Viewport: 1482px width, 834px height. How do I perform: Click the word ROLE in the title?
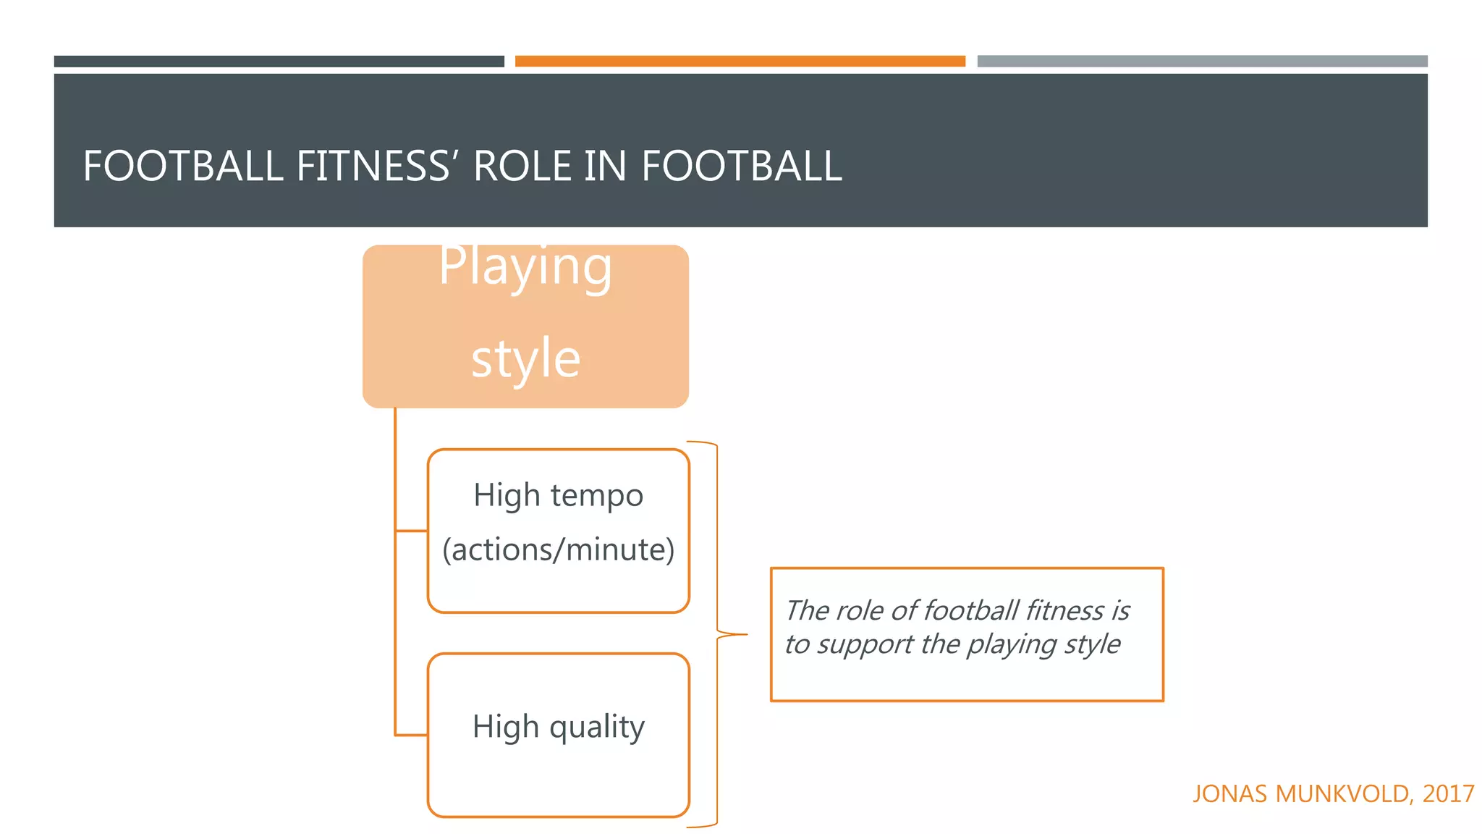pos(522,166)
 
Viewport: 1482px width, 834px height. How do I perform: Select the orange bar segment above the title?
pos(740,62)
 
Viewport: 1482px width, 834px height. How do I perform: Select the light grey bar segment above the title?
pos(1201,62)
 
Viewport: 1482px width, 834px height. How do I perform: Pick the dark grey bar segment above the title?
pos(279,62)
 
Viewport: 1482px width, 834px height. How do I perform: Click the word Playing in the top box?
pos(525,266)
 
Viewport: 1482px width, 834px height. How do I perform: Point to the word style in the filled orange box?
pos(525,358)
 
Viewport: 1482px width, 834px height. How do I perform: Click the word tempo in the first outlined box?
pos(596,496)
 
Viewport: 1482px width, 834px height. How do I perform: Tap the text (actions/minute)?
pos(558,549)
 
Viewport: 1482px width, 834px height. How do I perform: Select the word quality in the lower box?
pos(596,727)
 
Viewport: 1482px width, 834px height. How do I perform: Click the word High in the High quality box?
pos(506,727)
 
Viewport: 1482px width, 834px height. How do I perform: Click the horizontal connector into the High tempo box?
pos(411,531)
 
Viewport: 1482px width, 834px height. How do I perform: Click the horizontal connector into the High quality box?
pos(411,735)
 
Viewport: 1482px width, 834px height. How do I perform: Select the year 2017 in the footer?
pos(1448,794)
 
